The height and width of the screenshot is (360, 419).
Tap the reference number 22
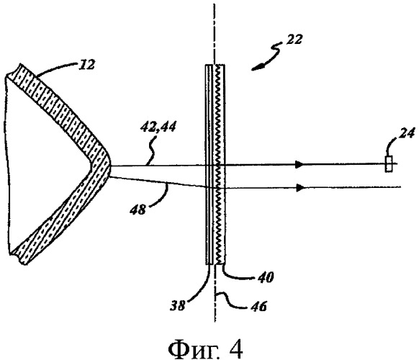(294, 40)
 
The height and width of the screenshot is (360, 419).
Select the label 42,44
(158, 126)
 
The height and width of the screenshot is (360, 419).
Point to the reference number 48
(138, 210)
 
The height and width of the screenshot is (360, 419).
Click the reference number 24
(407, 133)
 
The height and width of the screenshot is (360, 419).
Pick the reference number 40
(266, 277)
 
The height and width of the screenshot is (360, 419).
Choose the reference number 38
(177, 306)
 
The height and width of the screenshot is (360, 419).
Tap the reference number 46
(258, 306)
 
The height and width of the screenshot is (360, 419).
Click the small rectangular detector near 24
(389, 164)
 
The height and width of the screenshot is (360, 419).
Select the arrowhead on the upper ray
(299, 164)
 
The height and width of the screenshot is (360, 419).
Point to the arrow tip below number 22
(252, 70)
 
